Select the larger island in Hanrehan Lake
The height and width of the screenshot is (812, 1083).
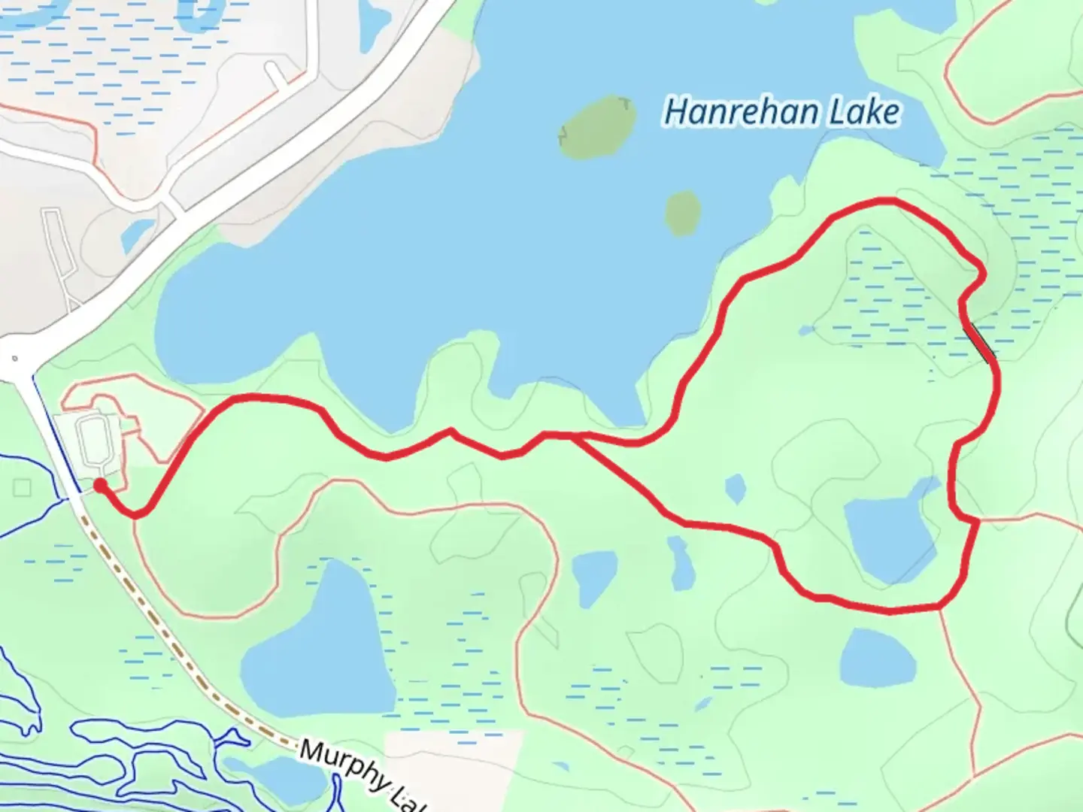(597, 128)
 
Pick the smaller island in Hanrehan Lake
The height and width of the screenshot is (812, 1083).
(683, 213)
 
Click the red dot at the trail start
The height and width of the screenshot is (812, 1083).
(99, 486)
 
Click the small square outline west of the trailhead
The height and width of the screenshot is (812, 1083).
(22, 489)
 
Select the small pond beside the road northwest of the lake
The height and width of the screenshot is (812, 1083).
(137, 235)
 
